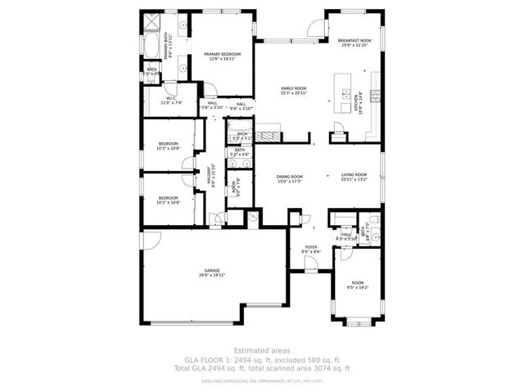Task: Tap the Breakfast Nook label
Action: tap(355, 40)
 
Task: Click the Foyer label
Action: tap(311, 246)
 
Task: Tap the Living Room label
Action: tap(354, 174)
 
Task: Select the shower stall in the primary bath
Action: tap(152, 22)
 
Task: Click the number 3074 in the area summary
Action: tap(320, 368)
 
